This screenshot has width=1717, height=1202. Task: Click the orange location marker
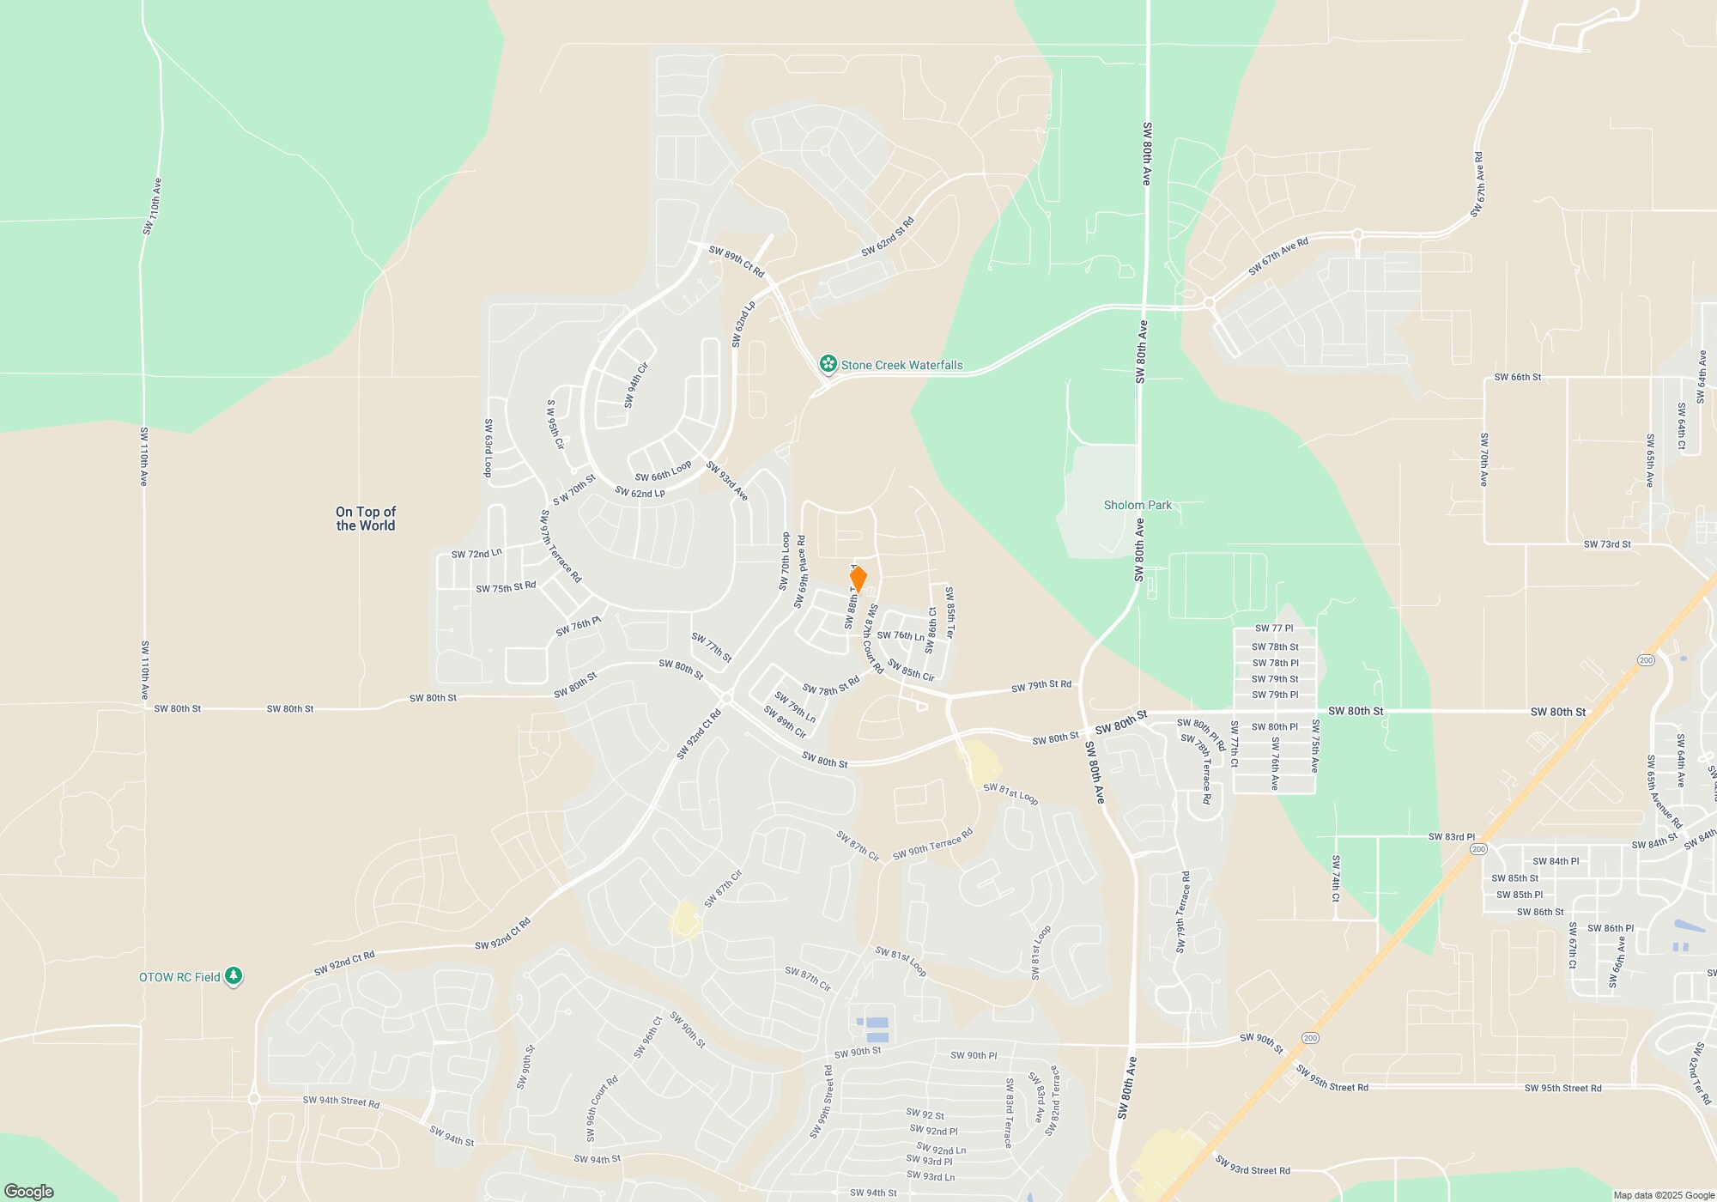click(x=858, y=579)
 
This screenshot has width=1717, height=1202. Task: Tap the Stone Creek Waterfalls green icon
click(x=828, y=365)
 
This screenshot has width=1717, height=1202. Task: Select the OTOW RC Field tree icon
click(x=233, y=976)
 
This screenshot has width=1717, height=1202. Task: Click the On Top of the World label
click(x=366, y=519)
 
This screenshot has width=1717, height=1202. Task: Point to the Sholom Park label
click(x=1138, y=505)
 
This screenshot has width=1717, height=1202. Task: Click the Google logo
click(x=29, y=1191)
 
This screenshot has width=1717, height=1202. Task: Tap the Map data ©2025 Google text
click(x=1663, y=1195)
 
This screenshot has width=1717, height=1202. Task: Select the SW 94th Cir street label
click(x=636, y=385)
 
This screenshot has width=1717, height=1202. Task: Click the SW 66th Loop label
click(x=663, y=471)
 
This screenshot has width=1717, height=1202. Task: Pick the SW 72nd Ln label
click(x=476, y=554)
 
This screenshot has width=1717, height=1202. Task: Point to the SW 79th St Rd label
click(x=1041, y=685)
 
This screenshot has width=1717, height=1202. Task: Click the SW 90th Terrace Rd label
click(x=932, y=843)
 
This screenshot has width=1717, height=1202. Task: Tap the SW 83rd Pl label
click(x=1451, y=836)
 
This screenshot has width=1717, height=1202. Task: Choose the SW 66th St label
click(x=1517, y=377)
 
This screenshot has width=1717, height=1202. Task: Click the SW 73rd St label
click(x=1607, y=543)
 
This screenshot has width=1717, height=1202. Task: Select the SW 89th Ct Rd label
click(x=736, y=261)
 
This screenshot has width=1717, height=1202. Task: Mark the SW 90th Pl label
click(x=974, y=1055)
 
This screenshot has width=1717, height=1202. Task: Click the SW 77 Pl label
click(x=1273, y=628)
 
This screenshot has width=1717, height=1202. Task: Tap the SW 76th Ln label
click(x=901, y=636)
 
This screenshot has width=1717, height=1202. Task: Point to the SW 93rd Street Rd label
click(x=1252, y=1165)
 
